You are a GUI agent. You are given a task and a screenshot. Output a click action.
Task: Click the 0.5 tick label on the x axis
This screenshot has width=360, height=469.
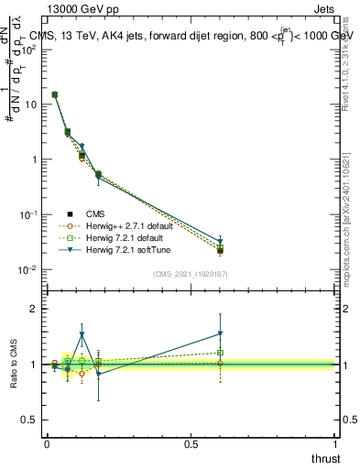coord(191,444)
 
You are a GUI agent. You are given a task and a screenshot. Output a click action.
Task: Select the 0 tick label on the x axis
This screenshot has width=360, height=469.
coord(47,444)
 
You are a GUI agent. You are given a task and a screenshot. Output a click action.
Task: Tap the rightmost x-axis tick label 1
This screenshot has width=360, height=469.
coord(336,444)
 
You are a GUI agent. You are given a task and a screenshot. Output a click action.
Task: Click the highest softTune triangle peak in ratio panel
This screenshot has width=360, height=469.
coord(82,335)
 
